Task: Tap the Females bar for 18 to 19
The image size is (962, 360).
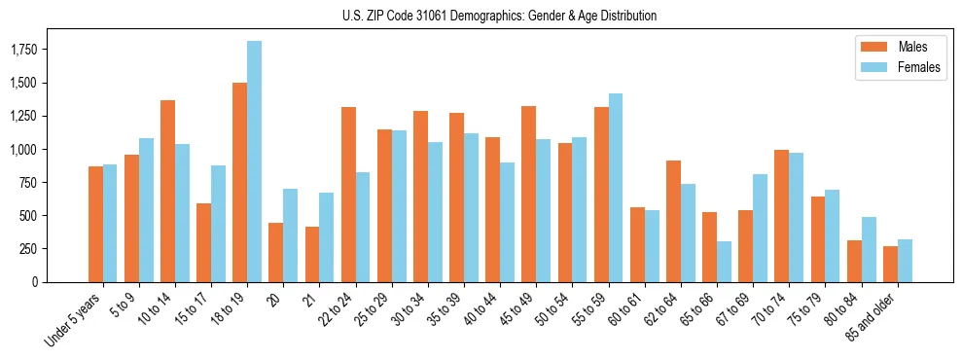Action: click(x=254, y=162)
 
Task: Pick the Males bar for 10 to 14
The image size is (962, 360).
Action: click(x=167, y=191)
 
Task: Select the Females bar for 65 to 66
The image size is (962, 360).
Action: click(x=724, y=262)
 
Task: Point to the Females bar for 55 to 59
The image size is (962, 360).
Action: click(x=616, y=188)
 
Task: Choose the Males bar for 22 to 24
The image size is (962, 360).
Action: click(x=348, y=195)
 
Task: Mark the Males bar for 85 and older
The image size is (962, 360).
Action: click(x=890, y=264)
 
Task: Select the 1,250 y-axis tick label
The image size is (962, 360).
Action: click(x=36, y=116)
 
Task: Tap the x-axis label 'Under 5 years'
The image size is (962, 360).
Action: click(x=76, y=320)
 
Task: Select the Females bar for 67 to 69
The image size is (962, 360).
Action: click(x=760, y=228)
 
